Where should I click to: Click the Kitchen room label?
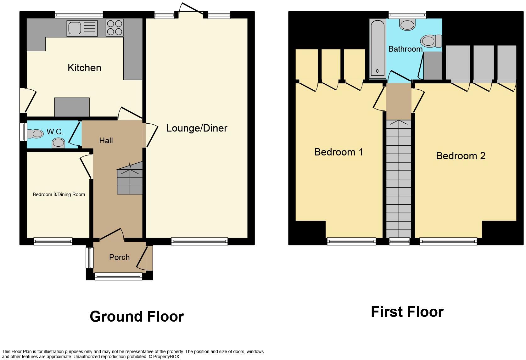pos(84,68)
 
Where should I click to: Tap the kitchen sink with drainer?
pos(82,28)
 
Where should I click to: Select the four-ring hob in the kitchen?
pos(115,28)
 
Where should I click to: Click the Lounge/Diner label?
pos(197,128)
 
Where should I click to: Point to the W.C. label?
pos(55,132)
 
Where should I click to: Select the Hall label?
pos(106,141)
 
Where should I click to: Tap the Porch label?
pos(119,257)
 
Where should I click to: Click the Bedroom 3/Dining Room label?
pos(59,194)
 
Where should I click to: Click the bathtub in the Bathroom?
pos(378,49)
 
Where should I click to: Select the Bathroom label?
pos(405,49)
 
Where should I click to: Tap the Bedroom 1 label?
pos(339,152)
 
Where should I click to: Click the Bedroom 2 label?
pos(461,156)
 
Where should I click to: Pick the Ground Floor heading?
pos(137,317)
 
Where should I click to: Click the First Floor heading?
pos(407,312)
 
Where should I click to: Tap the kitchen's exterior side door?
pos(28,100)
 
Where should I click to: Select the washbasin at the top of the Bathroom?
pos(407,25)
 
